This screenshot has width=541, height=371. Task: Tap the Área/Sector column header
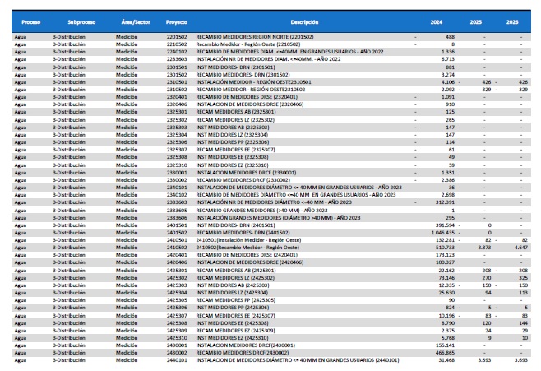(132, 17)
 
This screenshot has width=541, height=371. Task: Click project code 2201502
(177, 36)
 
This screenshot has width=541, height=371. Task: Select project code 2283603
(177, 58)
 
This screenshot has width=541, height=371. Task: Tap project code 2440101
(177, 360)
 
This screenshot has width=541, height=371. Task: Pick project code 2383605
(177, 210)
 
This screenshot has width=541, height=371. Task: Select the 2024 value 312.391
(443, 202)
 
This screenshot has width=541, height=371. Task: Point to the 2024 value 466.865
(443, 353)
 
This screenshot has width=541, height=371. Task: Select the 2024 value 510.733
(443, 247)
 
